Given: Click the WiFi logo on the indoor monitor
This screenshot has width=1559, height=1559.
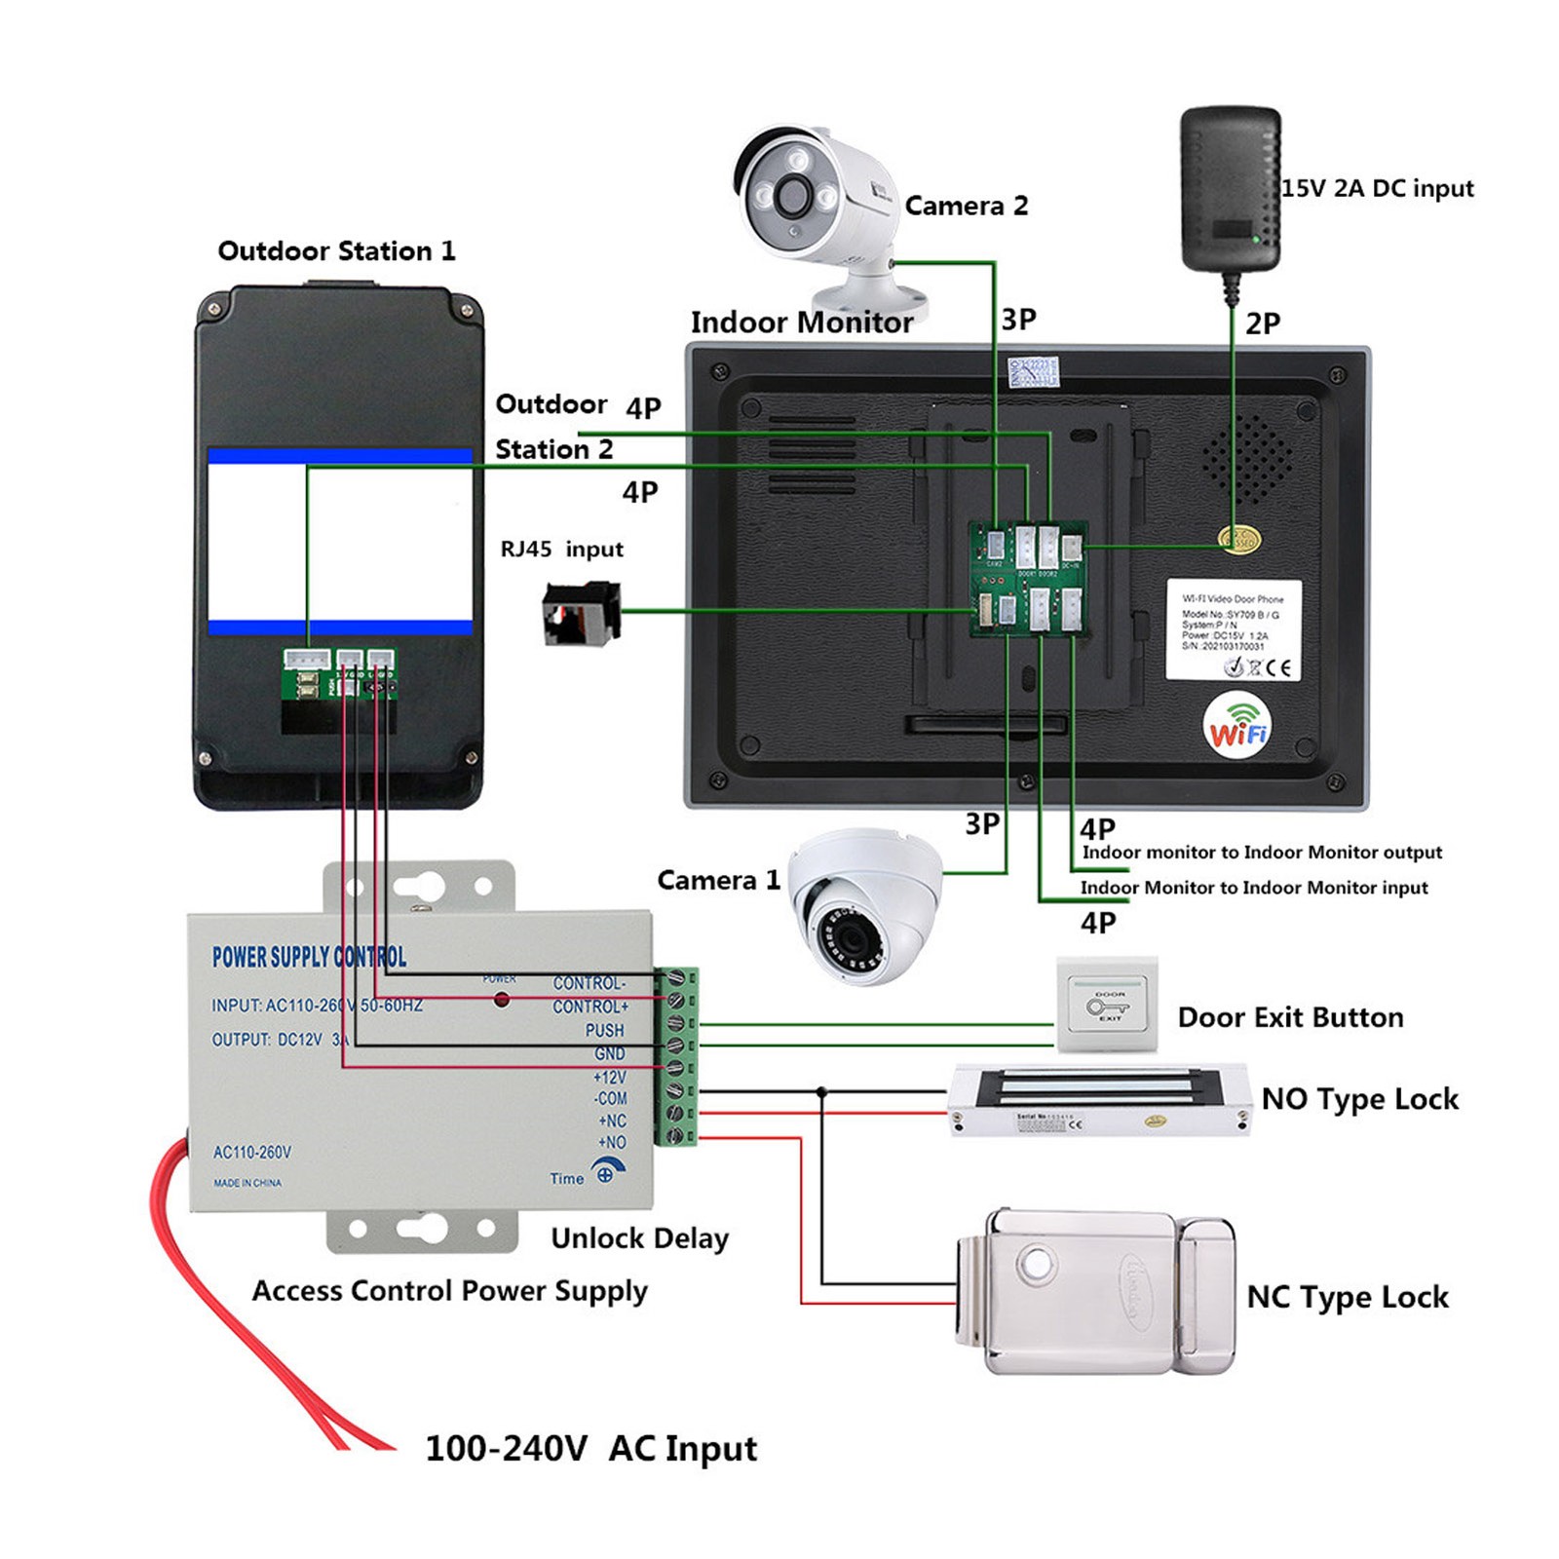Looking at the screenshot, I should [x=1237, y=723].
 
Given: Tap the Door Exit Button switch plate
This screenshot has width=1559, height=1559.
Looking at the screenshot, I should [x=1108, y=1005].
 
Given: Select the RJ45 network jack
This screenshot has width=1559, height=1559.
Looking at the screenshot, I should [x=581, y=613].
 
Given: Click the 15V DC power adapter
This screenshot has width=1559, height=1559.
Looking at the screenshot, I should [x=1231, y=190].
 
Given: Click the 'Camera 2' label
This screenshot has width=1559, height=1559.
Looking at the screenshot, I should [x=966, y=206].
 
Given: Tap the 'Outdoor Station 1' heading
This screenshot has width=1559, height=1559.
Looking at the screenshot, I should [x=336, y=251].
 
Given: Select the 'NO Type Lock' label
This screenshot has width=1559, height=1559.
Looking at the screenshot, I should [x=1359, y=1099].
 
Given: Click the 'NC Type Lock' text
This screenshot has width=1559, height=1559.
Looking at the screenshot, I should [x=1348, y=1297].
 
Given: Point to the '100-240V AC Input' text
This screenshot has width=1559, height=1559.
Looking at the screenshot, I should [x=590, y=1448].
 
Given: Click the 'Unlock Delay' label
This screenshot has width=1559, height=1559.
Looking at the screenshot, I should [x=639, y=1238].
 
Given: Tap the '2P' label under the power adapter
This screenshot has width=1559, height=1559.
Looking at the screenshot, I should [x=1262, y=323].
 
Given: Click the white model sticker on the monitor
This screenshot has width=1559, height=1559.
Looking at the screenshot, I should [x=1233, y=630].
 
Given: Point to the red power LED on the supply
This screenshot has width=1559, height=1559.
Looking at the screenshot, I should [x=502, y=1000].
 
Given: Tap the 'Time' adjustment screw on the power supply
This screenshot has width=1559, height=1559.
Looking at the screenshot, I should [x=607, y=1173].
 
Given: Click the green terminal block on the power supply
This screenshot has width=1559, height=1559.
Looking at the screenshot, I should [x=676, y=1056].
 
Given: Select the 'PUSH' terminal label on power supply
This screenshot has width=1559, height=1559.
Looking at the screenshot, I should [x=604, y=1030].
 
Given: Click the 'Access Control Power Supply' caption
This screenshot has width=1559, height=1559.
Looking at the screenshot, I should [x=449, y=1291].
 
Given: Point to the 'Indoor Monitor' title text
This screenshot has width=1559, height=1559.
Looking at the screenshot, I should [x=801, y=323].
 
